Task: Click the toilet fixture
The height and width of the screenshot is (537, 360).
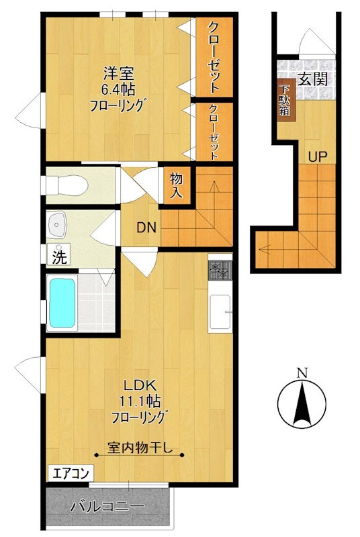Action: click(x=66, y=185)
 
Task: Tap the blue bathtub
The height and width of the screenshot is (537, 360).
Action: click(x=62, y=303)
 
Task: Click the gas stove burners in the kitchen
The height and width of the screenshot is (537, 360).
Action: click(x=220, y=271)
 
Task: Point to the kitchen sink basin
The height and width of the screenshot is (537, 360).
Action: click(x=220, y=311)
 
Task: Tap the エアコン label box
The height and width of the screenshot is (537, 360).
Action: click(x=71, y=473)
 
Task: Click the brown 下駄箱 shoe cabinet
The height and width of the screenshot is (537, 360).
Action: click(x=286, y=101)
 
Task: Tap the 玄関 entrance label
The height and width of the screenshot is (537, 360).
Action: click(x=312, y=79)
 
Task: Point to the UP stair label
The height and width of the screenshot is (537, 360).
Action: click(x=317, y=157)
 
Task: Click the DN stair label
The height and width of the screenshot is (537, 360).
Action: click(x=146, y=228)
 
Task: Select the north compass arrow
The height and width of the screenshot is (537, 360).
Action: click(x=302, y=404)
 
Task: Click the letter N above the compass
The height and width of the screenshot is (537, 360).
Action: click(x=302, y=373)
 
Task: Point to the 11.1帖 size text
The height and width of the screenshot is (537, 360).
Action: click(x=140, y=401)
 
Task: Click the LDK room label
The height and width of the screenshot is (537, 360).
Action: click(x=140, y=386)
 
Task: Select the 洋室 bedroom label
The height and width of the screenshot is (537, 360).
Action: click(x=118, y=73)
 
